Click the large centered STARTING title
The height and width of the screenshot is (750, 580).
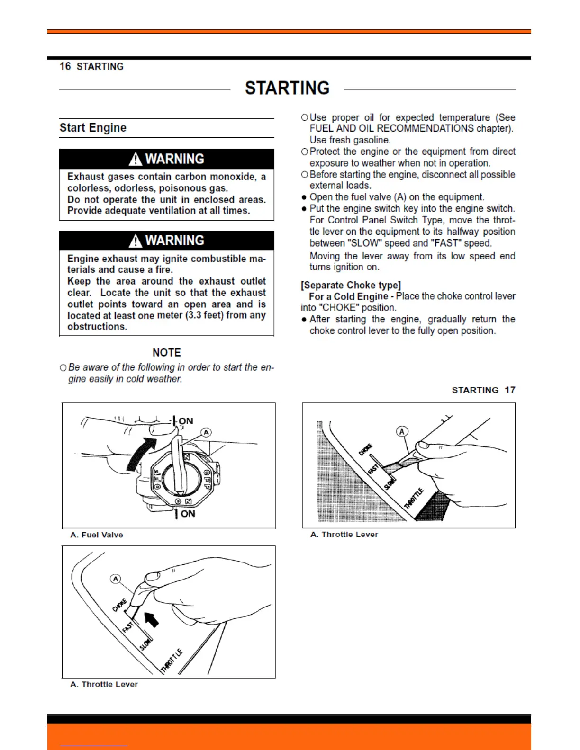pos(287,88)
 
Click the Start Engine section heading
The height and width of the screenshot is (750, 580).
pos(93,128)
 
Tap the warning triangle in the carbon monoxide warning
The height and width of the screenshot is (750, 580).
pos(136,159)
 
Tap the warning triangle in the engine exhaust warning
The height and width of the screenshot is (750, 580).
pos(136,241)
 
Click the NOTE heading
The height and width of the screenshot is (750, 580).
pos(166,353)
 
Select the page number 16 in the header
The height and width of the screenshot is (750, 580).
pos(65,66)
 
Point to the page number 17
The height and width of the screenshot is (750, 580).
pos(510,390)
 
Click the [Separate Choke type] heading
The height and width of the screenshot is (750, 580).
pos(351,285)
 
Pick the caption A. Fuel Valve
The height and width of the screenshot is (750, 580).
pos(97,535)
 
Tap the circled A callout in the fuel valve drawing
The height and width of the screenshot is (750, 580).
pos(206,432)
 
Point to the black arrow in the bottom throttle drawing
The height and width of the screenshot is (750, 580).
pos(151,618)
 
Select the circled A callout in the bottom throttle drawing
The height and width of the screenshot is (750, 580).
pos(116,579)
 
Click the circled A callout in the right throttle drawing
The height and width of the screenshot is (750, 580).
pos(402,431)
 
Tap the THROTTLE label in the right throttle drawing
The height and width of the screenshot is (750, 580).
pos(414,498)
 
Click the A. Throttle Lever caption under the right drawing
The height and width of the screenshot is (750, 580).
pos(344,535)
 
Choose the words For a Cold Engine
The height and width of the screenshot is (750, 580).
pos(348,296)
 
